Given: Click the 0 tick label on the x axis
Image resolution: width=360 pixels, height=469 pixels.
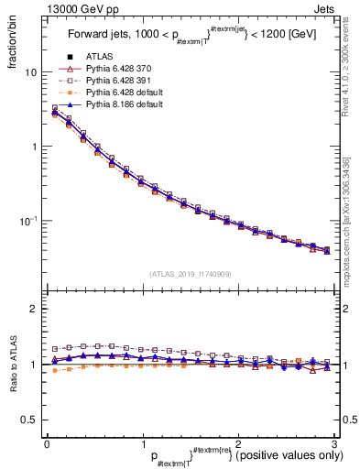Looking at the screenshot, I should click(47, 444).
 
